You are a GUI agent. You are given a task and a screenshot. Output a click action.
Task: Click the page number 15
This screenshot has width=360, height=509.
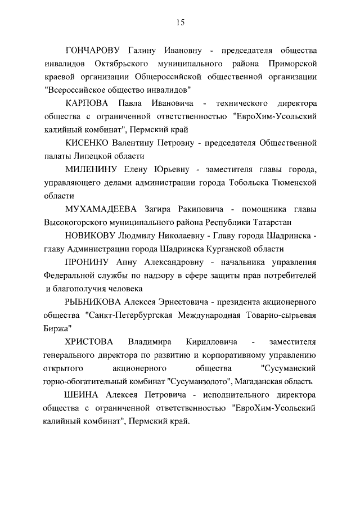[x=180, y=22]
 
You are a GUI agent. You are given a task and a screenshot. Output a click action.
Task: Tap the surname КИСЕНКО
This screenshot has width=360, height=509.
[x=87, y=143]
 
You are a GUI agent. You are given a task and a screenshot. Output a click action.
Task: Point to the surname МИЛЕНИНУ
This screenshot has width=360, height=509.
[x=88, y=169]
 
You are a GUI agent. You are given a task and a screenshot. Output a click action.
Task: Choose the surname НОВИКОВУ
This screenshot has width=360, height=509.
[x=89, y=236]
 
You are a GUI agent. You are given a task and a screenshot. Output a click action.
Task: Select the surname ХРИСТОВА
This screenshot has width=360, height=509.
[x=89, y=341]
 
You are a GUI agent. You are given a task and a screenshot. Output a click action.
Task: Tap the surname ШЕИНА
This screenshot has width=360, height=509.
[x=82, y=394]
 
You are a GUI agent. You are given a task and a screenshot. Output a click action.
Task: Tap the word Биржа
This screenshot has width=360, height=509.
[x=57, y=328]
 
